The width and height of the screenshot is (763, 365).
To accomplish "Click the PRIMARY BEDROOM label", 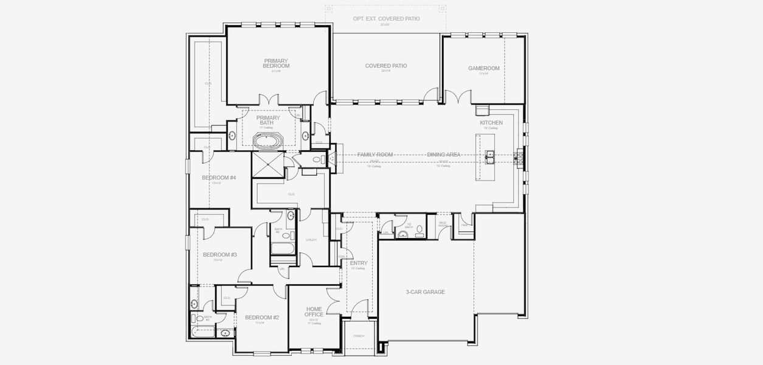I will click(276, 63).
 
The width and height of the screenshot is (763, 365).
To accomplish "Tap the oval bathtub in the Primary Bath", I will click(268, 142).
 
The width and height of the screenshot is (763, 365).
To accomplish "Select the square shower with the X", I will click(268, 164).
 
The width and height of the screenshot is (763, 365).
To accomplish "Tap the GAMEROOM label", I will click(483, 68).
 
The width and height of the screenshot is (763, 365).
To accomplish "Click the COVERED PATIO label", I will click(385, 66).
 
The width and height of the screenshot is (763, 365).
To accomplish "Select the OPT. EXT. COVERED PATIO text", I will click(386, 19).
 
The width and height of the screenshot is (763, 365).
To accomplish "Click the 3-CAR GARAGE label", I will click(425, 292).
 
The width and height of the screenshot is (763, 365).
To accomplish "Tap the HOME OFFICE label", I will click(314, 312).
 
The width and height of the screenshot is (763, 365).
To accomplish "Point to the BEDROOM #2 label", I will click(261, 318).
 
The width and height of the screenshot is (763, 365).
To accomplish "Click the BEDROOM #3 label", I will click(219, 254).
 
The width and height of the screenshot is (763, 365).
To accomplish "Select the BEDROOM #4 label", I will click(218, 178).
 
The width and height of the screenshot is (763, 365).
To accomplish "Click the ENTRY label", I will click(358, 263).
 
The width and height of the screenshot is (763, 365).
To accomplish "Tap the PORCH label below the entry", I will click(359, 336).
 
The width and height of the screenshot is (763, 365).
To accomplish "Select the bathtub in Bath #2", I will click(281, 249).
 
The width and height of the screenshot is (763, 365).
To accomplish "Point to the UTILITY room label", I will click(311, 240).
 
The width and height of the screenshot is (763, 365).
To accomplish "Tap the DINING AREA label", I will click(443, 155).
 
